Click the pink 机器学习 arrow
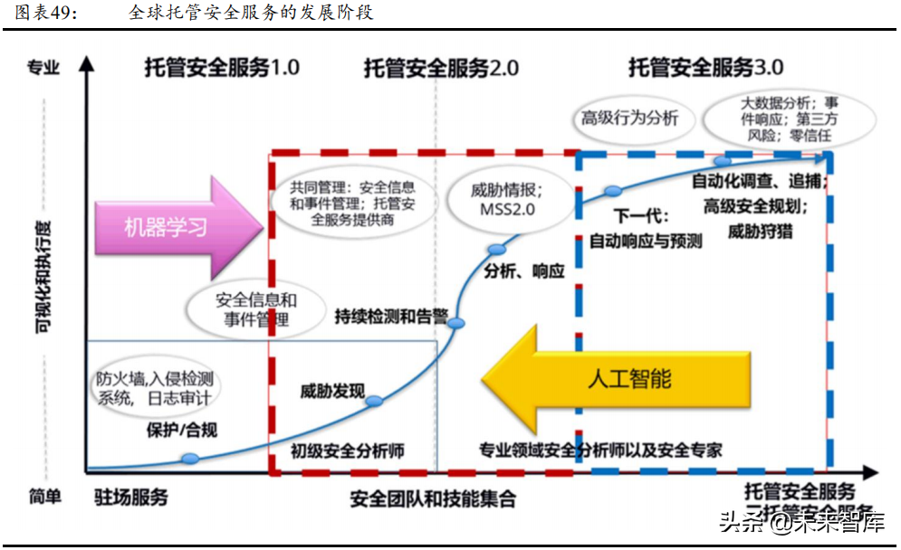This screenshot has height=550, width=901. click(x=168, y=226)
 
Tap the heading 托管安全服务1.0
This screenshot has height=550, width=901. click(x=221, y=68)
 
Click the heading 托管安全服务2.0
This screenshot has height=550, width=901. click(x=441, y=68)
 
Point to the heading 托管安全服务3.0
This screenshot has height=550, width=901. click(x=705, y=68)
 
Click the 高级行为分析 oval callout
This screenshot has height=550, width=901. click(x=629, y=119)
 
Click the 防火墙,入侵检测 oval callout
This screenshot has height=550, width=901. click(x=155, y=388)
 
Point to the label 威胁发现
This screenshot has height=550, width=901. click(x=332, y=392)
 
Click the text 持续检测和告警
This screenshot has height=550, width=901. click(x=391, y=316)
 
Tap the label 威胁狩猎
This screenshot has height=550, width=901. click(x=760, y=231)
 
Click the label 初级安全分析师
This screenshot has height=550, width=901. click(x=347, y=450)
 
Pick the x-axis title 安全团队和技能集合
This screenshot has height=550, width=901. click(x=432, y=498)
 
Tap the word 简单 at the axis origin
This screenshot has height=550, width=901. click(x=44, y=496)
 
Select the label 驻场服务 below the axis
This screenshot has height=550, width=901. click(x=131, y=498)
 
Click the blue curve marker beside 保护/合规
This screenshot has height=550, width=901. click(x=190, y=459)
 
